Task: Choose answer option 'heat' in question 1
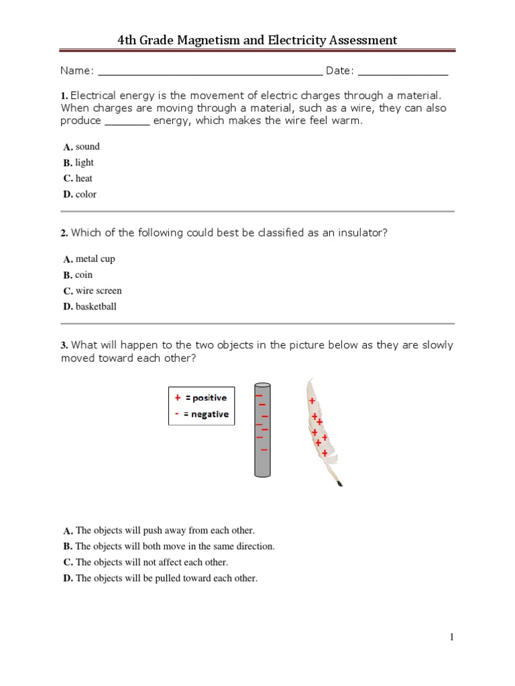coord(84,178)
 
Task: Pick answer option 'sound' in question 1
coord(87,147)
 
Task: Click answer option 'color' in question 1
coord(86,194)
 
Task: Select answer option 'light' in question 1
coord(84,163)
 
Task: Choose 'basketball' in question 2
coord(96,307)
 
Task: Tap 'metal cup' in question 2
coord(95,259)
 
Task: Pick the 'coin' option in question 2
coord(84,275)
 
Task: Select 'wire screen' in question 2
coord(99,291)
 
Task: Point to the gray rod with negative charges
coord(262,429)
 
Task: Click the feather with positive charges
coord(319,429)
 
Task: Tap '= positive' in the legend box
coord(206,398)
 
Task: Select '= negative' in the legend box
coord(206,414)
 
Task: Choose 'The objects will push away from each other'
coord(165,530)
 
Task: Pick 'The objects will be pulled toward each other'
coord(166,578)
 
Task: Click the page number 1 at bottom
coord(452,637)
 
